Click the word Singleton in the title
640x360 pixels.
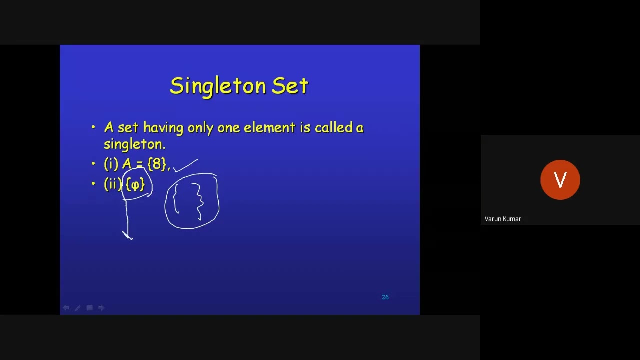[218, 86]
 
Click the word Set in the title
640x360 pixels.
[290, 86]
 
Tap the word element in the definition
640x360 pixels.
[269, 128]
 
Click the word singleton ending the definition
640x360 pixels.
[134, 144]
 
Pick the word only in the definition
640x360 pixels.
[200, 128]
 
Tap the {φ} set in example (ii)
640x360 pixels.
[135, 184]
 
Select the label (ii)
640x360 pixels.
[113, 184]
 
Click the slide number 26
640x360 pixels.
[385, 297]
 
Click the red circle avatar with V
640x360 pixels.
[560, 180]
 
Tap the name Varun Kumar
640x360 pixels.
[503, 219]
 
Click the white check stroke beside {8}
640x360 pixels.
[186, 165]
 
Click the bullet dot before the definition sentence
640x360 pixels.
[93, 128]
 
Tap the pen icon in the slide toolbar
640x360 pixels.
[78, 308]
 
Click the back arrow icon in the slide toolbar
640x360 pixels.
[66, 308]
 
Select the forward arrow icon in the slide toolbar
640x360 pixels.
[101, 308]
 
